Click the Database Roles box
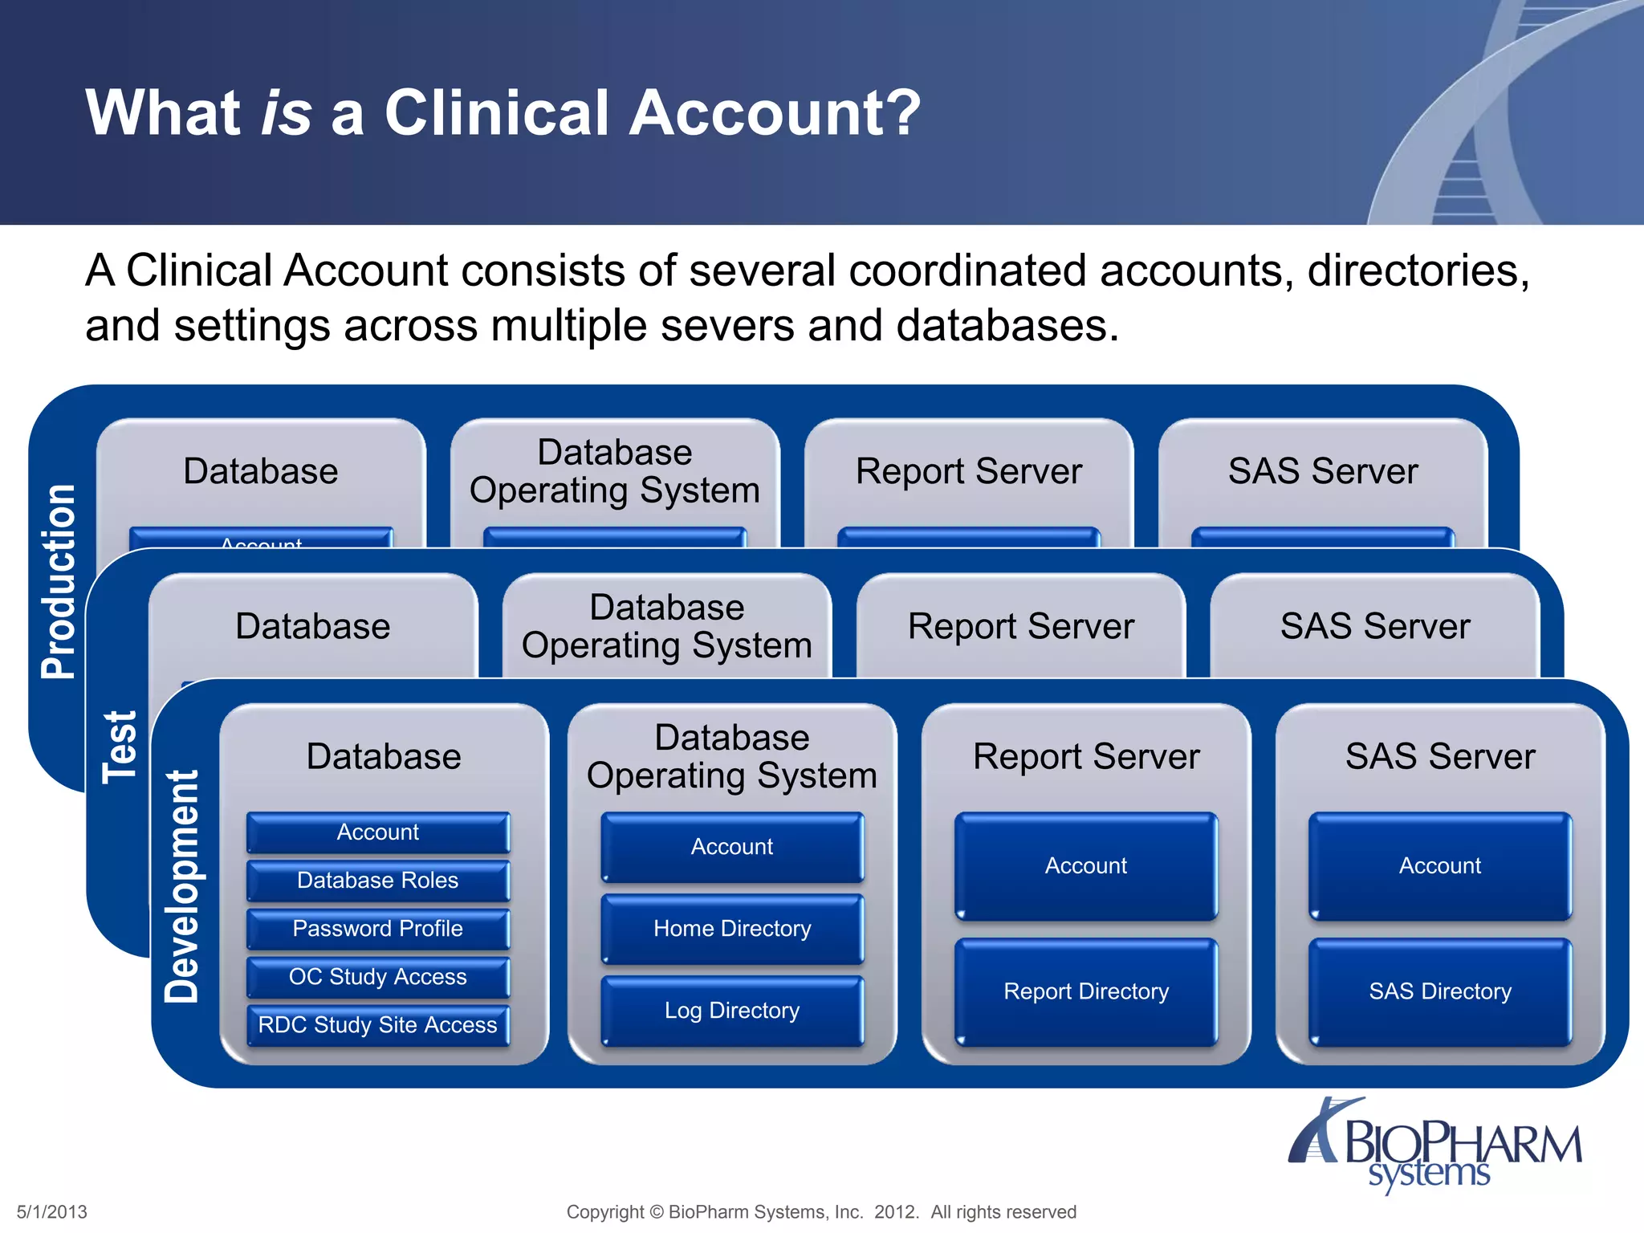(377, 881)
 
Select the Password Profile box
(377, 929)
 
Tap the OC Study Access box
(377, 977)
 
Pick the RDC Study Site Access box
(377, 1025)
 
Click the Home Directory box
(732, 929)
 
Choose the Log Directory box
(732, 1011)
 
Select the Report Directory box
(1086, 991)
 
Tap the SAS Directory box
(1440, 991)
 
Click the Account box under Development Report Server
(1086, 865)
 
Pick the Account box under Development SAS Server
(1440, 865)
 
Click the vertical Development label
(182, 886)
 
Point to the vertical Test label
(120, 747)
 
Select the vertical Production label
(59, 582)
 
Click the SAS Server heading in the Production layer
(1322, 471)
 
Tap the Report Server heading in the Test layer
(1020, 626)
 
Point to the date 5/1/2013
(52, 1211)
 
